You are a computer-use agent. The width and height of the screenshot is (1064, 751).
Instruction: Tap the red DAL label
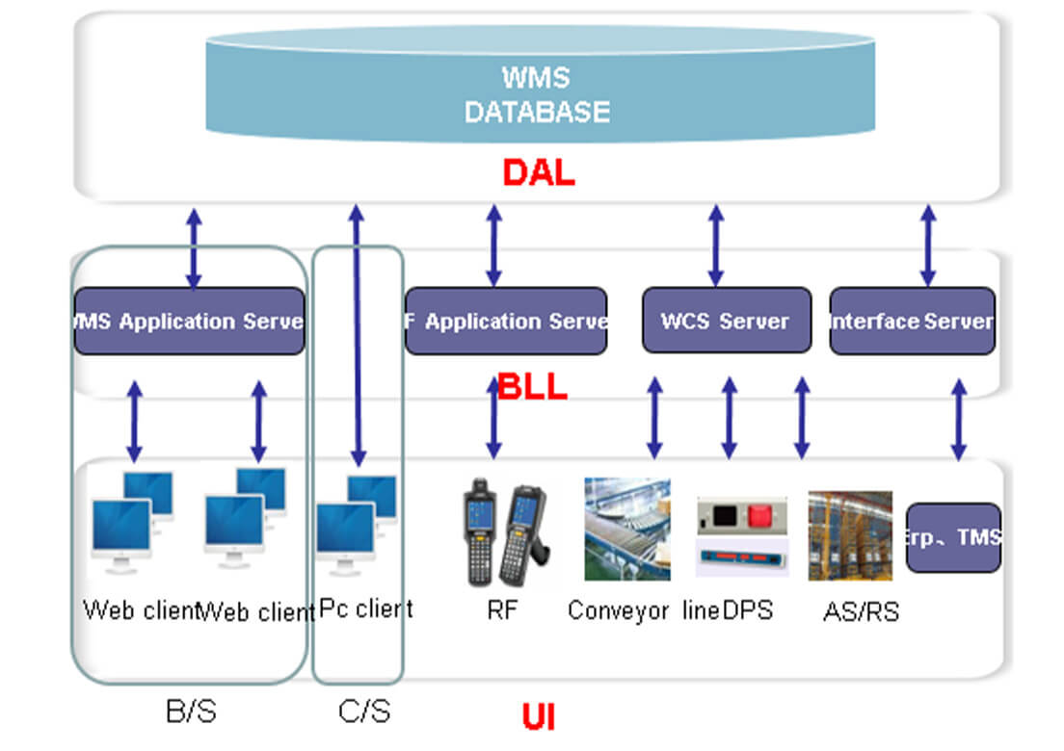[538, 172]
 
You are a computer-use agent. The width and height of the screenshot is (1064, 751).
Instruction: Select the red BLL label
[532, 388]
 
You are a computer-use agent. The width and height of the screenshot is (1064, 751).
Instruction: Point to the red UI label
[538, 717]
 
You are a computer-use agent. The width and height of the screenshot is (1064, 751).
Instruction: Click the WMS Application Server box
[189, 321]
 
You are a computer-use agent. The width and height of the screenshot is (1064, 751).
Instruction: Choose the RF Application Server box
[506, 321]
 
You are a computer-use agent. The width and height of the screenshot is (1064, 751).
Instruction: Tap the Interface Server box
[912, 321]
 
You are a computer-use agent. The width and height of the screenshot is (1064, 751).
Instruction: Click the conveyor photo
[627, 529]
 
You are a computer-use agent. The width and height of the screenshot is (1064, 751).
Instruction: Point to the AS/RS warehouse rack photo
[849, 535]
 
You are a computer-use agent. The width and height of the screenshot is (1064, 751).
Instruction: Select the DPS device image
[741, 536]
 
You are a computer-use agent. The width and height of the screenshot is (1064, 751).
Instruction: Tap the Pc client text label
[365, 609]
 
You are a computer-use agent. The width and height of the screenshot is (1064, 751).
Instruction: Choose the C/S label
[364, 712]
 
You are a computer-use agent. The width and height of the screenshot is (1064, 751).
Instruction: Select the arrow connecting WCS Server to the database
[715, 245]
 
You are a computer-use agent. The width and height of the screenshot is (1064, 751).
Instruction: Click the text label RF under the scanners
[502, 609]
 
